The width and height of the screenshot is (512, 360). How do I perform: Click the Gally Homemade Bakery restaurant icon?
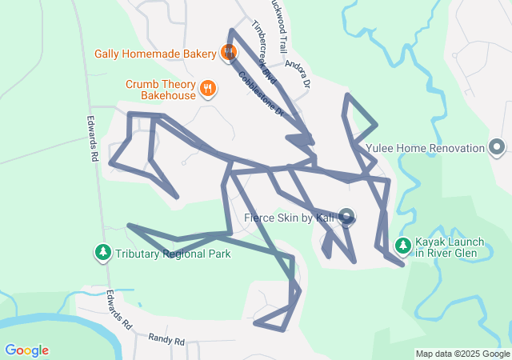tap(228, 54)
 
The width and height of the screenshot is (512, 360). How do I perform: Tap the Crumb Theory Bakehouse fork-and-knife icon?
tap(207, 88)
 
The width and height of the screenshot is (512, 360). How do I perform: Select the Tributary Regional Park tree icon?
tap(103, 254)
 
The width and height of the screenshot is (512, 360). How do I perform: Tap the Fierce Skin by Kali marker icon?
tap(346, 216)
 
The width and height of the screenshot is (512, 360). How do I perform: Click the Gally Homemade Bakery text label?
tap(154, 54)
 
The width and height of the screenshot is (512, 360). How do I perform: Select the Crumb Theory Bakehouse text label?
tap(160, 90)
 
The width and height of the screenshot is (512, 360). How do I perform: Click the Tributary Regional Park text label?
tap(173, 254)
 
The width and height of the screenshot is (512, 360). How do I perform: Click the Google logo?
tap(27, 350)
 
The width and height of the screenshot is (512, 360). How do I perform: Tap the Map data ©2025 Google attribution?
tap(462, 354)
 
